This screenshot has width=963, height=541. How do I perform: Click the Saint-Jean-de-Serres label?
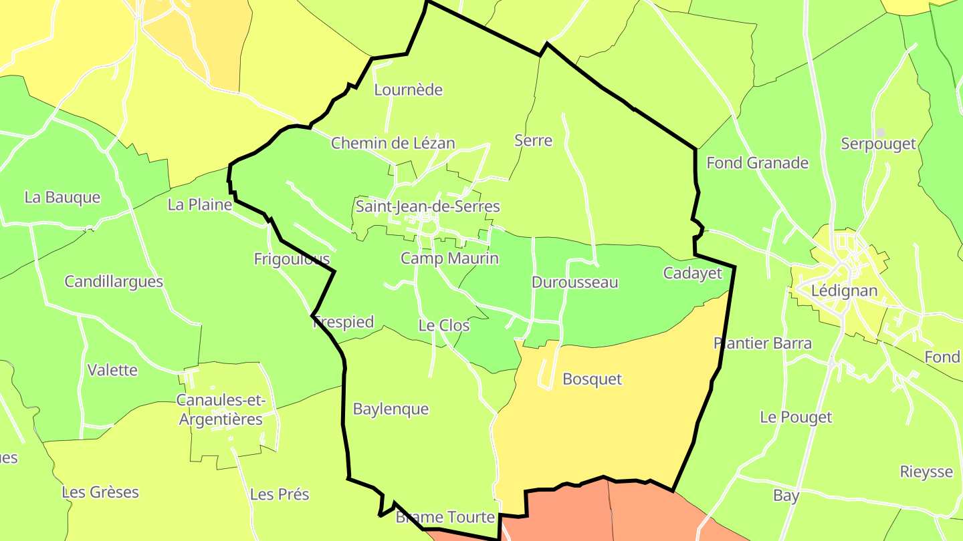coord(427,206)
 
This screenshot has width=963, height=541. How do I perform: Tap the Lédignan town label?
coord(843,291)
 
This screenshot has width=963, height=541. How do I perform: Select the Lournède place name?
coord(408,90)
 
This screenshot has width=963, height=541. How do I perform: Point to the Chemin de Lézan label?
coord(393,143)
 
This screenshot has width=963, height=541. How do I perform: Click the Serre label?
coord(533,140)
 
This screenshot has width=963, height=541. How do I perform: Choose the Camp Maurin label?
coord(449,258)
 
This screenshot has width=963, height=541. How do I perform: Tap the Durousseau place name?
coord(574,283)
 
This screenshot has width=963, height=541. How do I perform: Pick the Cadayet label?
coord(692,273)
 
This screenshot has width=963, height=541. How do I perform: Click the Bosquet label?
coord(592,379)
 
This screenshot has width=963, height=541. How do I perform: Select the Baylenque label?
coord(391,409)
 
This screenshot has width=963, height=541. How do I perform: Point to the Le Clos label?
coord(443,326)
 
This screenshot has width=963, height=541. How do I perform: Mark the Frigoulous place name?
coord(292,259)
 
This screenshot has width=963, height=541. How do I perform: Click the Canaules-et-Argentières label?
coord(220,409)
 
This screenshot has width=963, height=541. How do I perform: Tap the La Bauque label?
coord(62,198)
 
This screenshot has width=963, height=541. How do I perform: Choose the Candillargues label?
coord(114,282)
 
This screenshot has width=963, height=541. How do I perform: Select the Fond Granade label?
coord(757,163)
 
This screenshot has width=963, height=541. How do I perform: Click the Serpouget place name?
coord(878,144)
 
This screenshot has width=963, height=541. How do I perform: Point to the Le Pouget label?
coord(796,417)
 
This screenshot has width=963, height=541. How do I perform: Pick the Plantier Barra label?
coord(762,343)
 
